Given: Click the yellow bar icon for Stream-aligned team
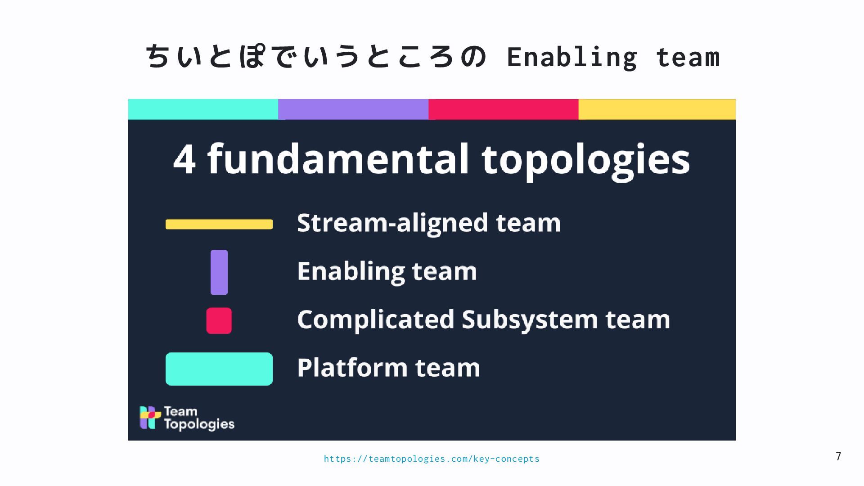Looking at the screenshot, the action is [219, 224].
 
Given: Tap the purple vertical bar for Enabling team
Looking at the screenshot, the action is [219, 272].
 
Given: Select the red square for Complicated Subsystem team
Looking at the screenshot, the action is [219, 321].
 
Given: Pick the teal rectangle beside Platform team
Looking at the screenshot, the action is [219, 369].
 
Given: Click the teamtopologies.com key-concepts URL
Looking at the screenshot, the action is [432, 459].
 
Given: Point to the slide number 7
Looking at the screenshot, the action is [838, 457].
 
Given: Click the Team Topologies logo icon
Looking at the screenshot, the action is [150, 417].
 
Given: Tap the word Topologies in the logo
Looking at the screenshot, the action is [199, 424].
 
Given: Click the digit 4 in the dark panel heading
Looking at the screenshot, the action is [184, 160].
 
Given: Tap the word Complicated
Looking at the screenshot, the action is [375, 320].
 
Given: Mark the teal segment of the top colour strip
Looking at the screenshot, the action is [203, 109].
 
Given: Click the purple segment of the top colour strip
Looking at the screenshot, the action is [353, 109].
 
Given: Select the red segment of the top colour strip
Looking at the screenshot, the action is [503, 109].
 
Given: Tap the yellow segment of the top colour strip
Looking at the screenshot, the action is [657, 109].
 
